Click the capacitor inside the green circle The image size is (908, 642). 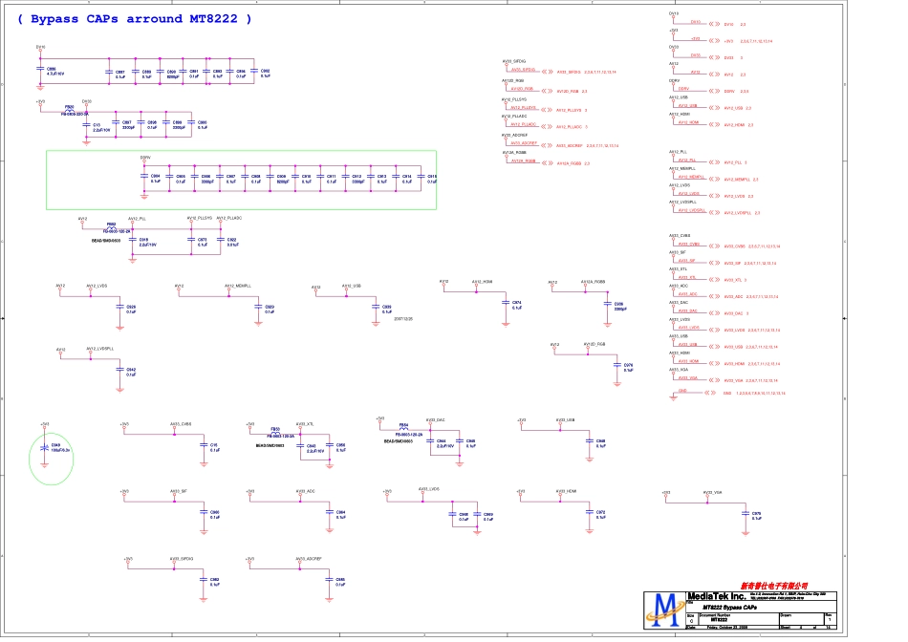[x=45, y=448]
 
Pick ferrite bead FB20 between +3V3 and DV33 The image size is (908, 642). [x=69, y=110]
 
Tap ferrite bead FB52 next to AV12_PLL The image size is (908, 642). [x=111, y=226]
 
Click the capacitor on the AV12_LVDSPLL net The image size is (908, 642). [x=119, y=369]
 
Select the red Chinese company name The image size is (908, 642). [x=773, y=585]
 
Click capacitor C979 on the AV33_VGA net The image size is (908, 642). [x=745, y=516]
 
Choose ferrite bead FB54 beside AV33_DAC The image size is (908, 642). [x=404, y=428]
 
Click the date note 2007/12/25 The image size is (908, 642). [x=403, y=319]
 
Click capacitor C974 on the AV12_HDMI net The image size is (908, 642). [x=505, y=305]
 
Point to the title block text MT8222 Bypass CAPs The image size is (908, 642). [x=732, y=608]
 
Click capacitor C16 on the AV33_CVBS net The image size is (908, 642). [x=203, y=446]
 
